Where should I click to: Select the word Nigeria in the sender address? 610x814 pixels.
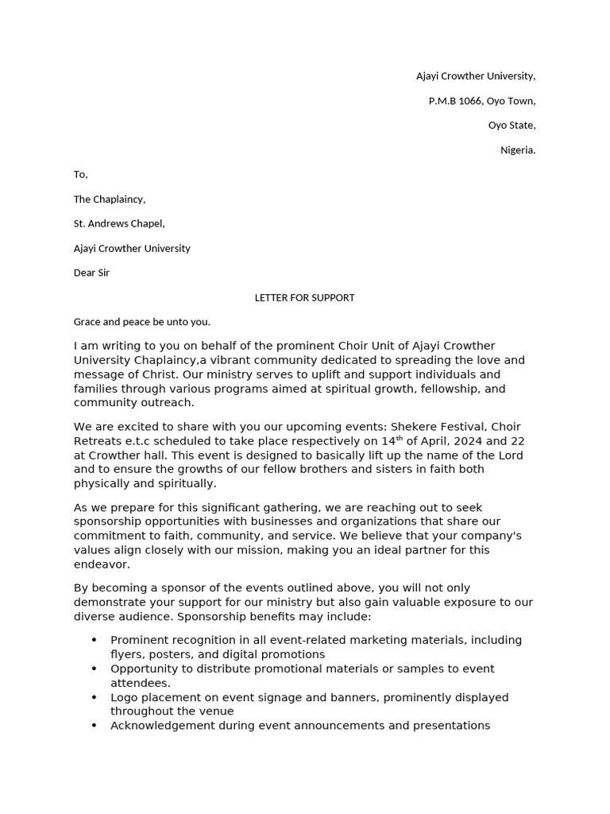pos(518,150)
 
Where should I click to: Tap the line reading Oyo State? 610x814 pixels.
pos(512,126)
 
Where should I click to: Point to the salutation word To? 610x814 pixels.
pos(80,175)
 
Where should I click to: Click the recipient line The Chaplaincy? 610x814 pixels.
pos(110,200)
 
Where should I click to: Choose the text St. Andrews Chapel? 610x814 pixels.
pos(119,224)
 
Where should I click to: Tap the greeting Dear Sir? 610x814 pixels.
pos(91,273)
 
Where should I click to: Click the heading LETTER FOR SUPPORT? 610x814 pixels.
pos(304,297)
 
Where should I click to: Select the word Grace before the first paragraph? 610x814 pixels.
pos(88,322)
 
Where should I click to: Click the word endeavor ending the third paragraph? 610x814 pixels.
pos(101,564)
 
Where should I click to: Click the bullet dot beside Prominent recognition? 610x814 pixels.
pos(95,640)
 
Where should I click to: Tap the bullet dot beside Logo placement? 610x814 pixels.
pos(95,697)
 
